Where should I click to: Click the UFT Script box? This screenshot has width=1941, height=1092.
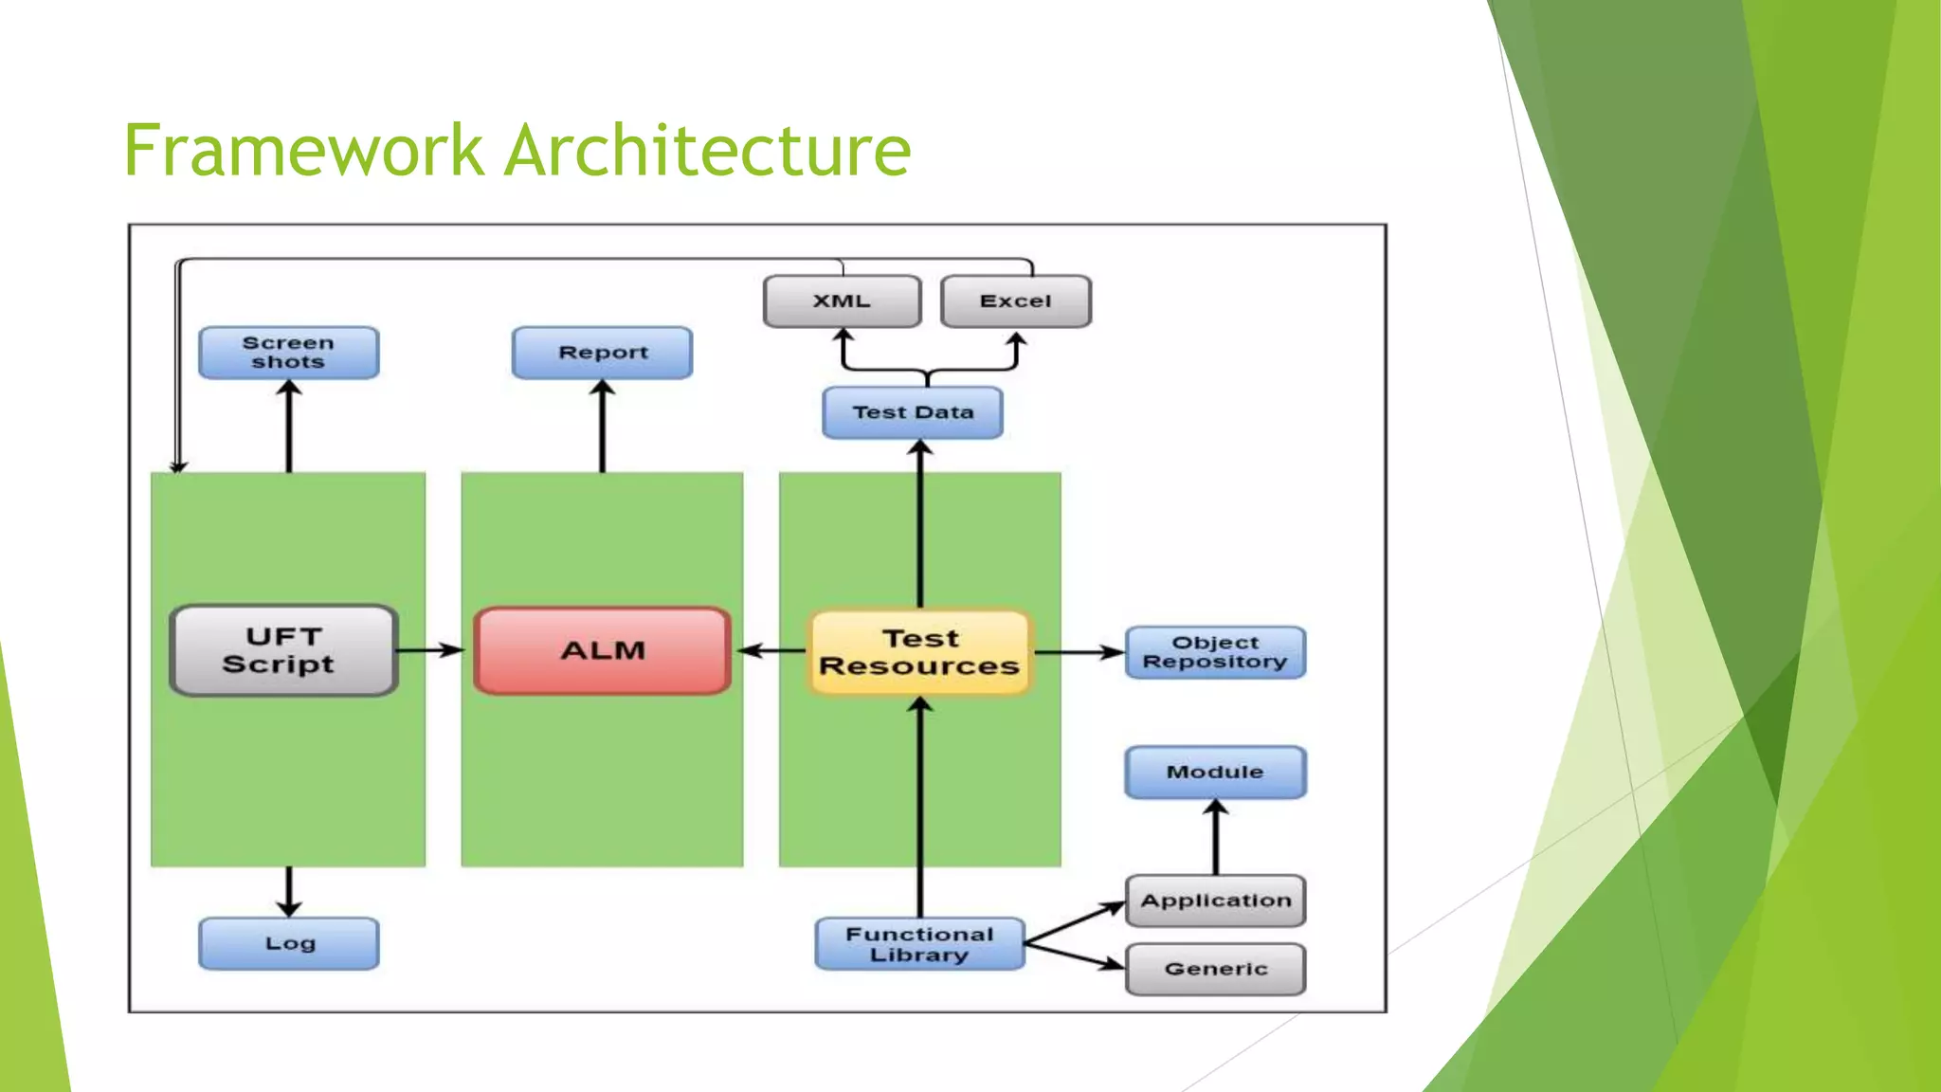click(282, 650)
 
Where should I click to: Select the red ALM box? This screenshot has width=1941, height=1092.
click(602, 651)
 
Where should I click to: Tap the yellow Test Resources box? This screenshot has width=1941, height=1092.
click(919, 652)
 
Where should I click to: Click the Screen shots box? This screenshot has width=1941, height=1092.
click(288, 353)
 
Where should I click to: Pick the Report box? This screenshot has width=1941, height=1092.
click(602, 353)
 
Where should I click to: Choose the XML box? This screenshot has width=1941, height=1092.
click(842, 301)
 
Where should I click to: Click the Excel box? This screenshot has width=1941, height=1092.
click(1015, 301)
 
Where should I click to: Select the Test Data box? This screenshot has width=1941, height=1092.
click(912, 412)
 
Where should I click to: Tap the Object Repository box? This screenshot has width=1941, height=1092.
click(1215, 652)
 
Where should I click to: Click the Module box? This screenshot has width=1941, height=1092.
click(1215, 772)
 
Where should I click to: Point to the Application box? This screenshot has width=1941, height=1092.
click(1215, 901)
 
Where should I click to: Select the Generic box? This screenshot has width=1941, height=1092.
click(1215, 969)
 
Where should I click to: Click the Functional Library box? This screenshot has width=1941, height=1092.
click(919, 944)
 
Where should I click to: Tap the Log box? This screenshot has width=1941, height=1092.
click(289, 943)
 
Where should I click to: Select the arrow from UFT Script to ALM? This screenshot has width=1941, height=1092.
click(429, 650)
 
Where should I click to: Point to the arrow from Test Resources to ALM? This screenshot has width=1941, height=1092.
click(771, 650)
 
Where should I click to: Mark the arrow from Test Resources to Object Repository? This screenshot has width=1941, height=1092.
click(1079, 652)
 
